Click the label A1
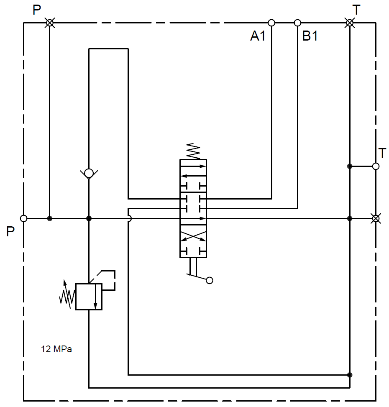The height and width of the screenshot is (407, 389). pyautogui.click(x=258, y=36)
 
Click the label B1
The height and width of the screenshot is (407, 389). pyautogui.click(x=310, y=36)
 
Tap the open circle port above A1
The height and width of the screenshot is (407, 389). pyautogui.click(x=271, y=23)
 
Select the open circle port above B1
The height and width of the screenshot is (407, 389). pyautogui.click(x=298, y=23)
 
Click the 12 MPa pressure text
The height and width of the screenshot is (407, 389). pyautogui.click(x=56, y=349)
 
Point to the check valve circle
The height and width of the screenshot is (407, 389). pyautogui.click(x=89, y=173)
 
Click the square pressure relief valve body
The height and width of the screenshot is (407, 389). pyautogui.click(x=89, y=297)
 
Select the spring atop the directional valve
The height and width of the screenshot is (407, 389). pyautogui.click(x=193, y=151)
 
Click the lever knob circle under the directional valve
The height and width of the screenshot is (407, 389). pyautogui.click(x=210, y=280)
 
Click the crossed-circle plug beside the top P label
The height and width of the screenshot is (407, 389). pyautogui.click(x=49, y=23)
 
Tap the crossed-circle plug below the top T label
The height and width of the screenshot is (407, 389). pyautogui.click(x=350, y=23)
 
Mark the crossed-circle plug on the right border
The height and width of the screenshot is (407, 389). pyautogui.click(x=376, y=218)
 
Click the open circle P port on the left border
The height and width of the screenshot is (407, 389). pyautogui.click(x=24, y=218)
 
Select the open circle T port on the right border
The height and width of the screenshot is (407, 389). pyautogui.click(x=376, y=166)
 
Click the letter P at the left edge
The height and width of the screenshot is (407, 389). pyautogui.click(x=10, y=231)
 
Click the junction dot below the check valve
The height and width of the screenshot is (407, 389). pyautogui.click(x=89, y=218)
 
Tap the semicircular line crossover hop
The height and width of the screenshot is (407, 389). pyautogui.click(x=130, y=218)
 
